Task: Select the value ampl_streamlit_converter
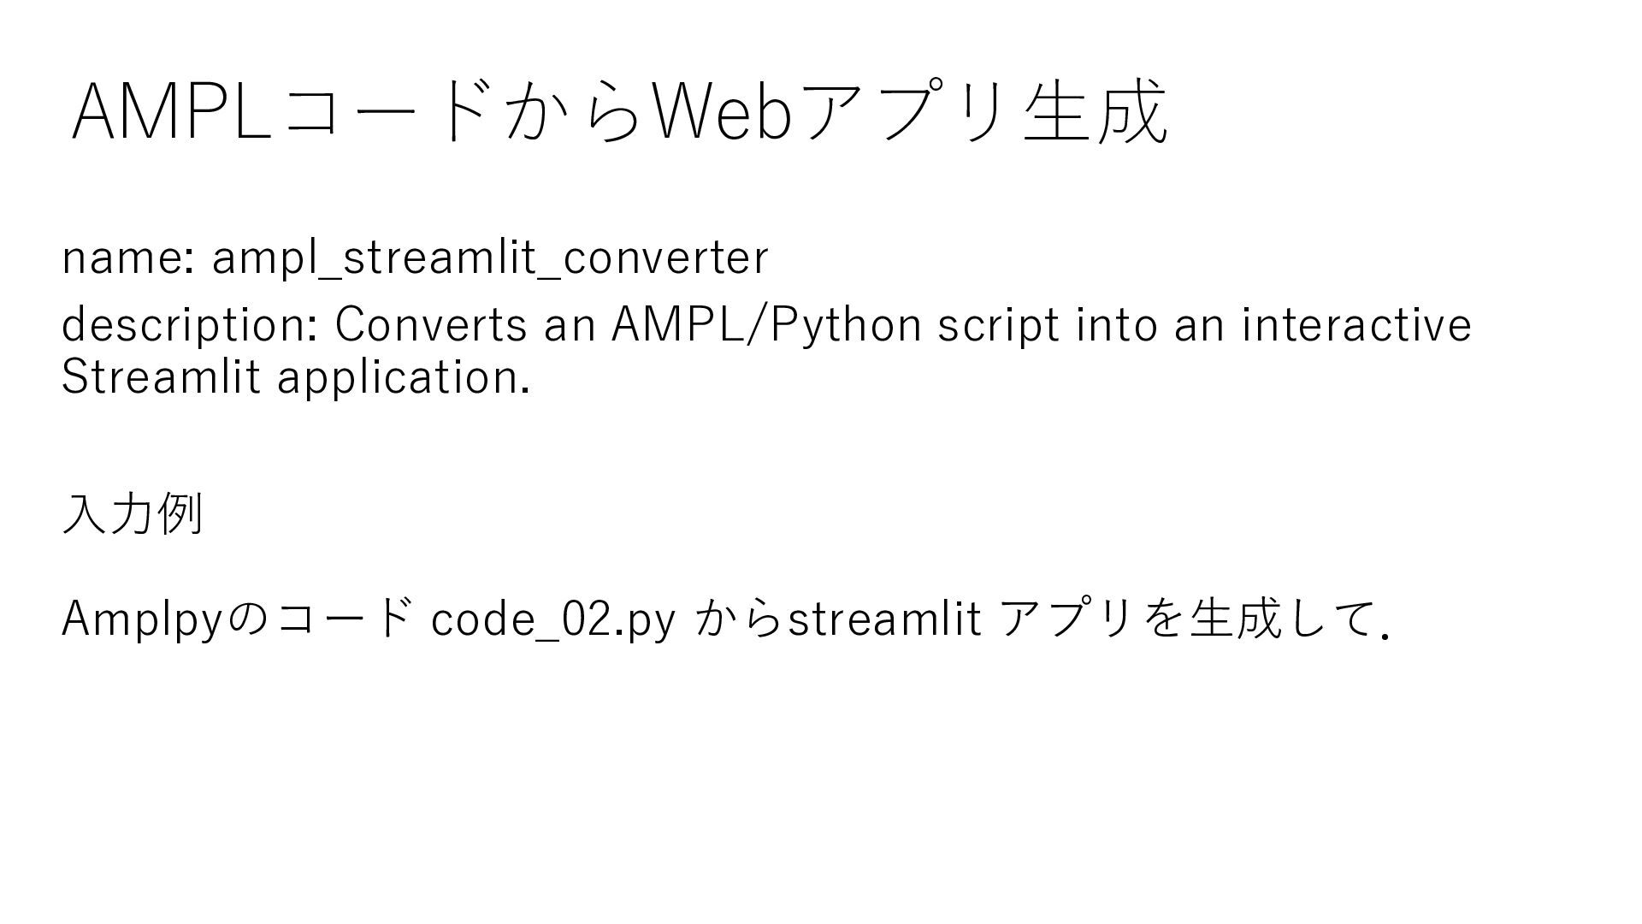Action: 490,258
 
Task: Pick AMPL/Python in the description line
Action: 766,325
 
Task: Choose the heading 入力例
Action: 133,514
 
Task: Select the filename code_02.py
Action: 553,619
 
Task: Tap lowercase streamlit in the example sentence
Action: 883,619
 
